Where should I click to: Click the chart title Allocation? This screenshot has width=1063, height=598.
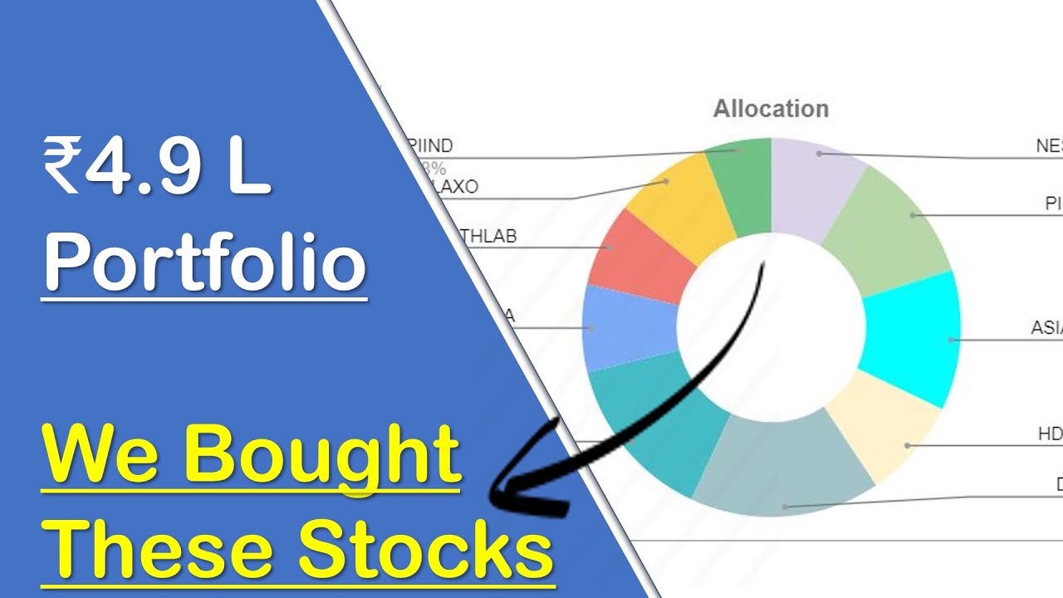tap(771, 109)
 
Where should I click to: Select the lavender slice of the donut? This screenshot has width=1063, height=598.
tap(814, 183)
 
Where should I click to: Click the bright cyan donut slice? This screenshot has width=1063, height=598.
tap(909, 336)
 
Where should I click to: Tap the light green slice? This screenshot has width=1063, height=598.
tap(889, 228)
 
